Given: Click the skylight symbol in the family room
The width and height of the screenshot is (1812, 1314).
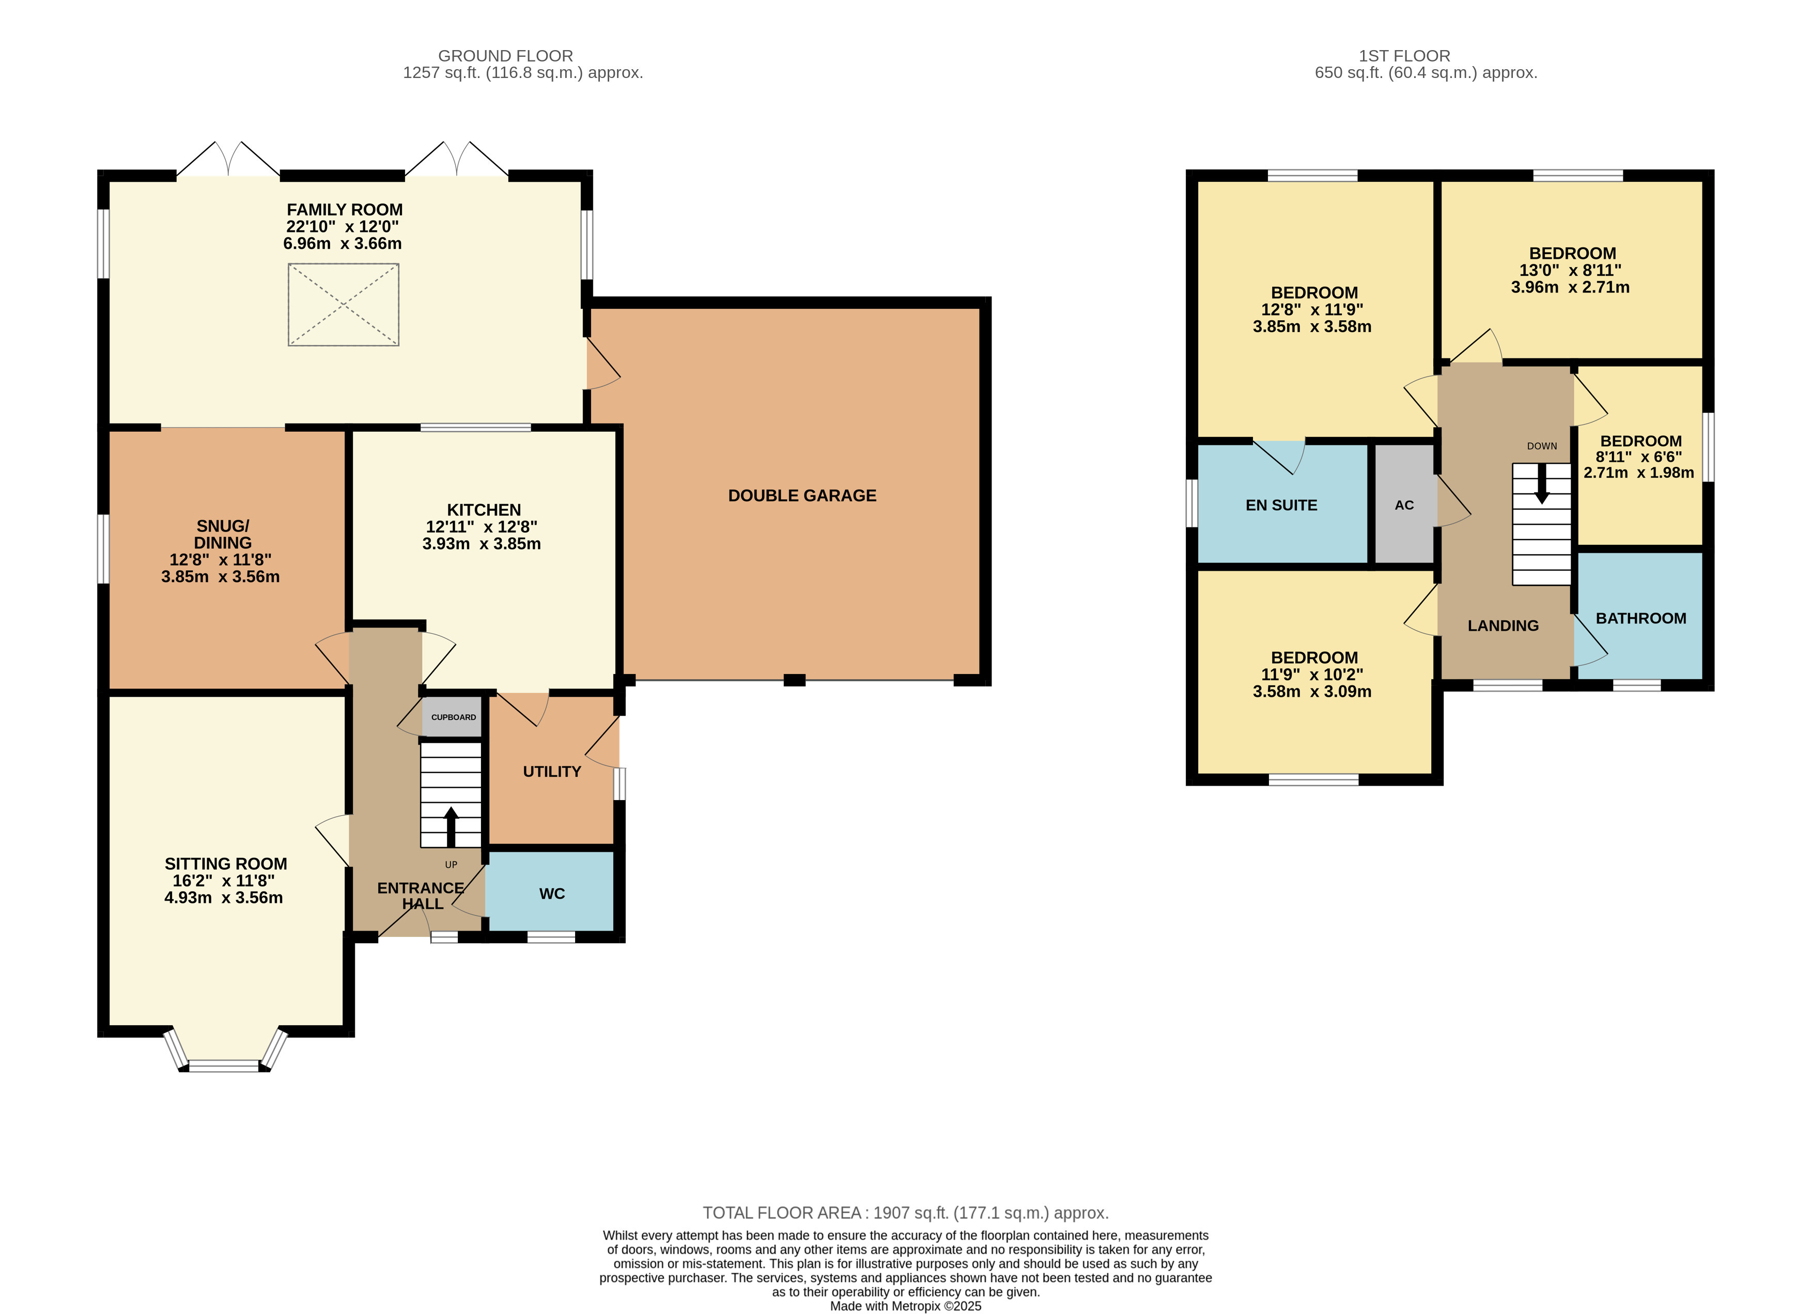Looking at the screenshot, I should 344,304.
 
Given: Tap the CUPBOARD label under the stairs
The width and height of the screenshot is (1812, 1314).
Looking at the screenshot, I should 453,717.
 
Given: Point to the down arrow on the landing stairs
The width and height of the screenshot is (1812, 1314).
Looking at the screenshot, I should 1542,484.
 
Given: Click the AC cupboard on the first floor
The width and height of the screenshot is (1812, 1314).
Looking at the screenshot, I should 1404,505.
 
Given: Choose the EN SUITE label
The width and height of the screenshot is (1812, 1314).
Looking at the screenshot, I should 1281,505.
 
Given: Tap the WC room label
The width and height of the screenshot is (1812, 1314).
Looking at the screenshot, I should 551,894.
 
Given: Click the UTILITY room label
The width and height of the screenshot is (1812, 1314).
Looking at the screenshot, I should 551,772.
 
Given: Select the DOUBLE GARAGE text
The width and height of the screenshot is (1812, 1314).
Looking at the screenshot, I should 801,495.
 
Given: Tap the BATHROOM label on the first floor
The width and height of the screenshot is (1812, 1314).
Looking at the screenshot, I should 1640,618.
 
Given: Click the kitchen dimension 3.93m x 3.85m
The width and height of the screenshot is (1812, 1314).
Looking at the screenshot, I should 481,544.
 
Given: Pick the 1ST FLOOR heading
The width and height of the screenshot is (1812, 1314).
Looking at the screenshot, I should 1404,56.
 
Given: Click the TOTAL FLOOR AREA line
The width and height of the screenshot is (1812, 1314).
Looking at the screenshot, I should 905,1213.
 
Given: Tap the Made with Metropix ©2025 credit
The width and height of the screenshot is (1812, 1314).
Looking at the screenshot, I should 905,1306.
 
